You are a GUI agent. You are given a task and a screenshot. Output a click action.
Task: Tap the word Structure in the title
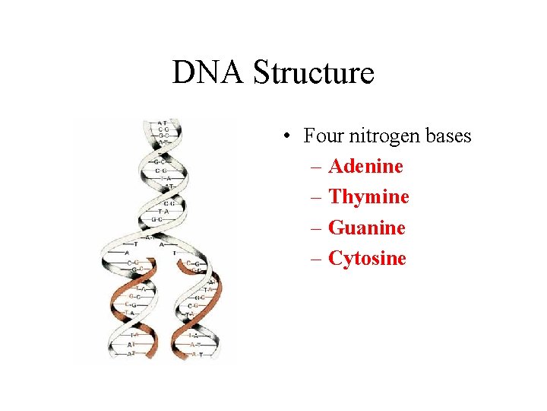click(314, 73)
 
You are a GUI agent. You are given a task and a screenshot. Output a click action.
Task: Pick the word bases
click(448, 136)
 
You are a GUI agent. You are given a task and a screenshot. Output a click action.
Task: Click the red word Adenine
click(365, 166)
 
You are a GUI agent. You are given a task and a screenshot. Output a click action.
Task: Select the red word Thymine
click(368, 197)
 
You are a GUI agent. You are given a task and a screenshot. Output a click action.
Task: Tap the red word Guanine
click(367, 228)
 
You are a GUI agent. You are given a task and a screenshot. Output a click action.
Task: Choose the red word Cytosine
click(367, 258)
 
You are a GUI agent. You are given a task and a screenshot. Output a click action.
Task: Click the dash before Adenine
click(317, 167)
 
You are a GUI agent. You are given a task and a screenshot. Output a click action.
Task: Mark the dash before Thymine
click(317, 197)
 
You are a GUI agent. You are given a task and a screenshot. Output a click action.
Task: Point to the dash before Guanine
click(317, 228)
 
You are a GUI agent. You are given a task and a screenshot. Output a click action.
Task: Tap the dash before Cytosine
click(317, 258)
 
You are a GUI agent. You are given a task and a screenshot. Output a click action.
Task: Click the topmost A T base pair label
click(163, 123)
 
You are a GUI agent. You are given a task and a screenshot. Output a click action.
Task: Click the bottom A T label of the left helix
click(132, 353)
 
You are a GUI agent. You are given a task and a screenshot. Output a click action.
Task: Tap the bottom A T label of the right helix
click(196, 354)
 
